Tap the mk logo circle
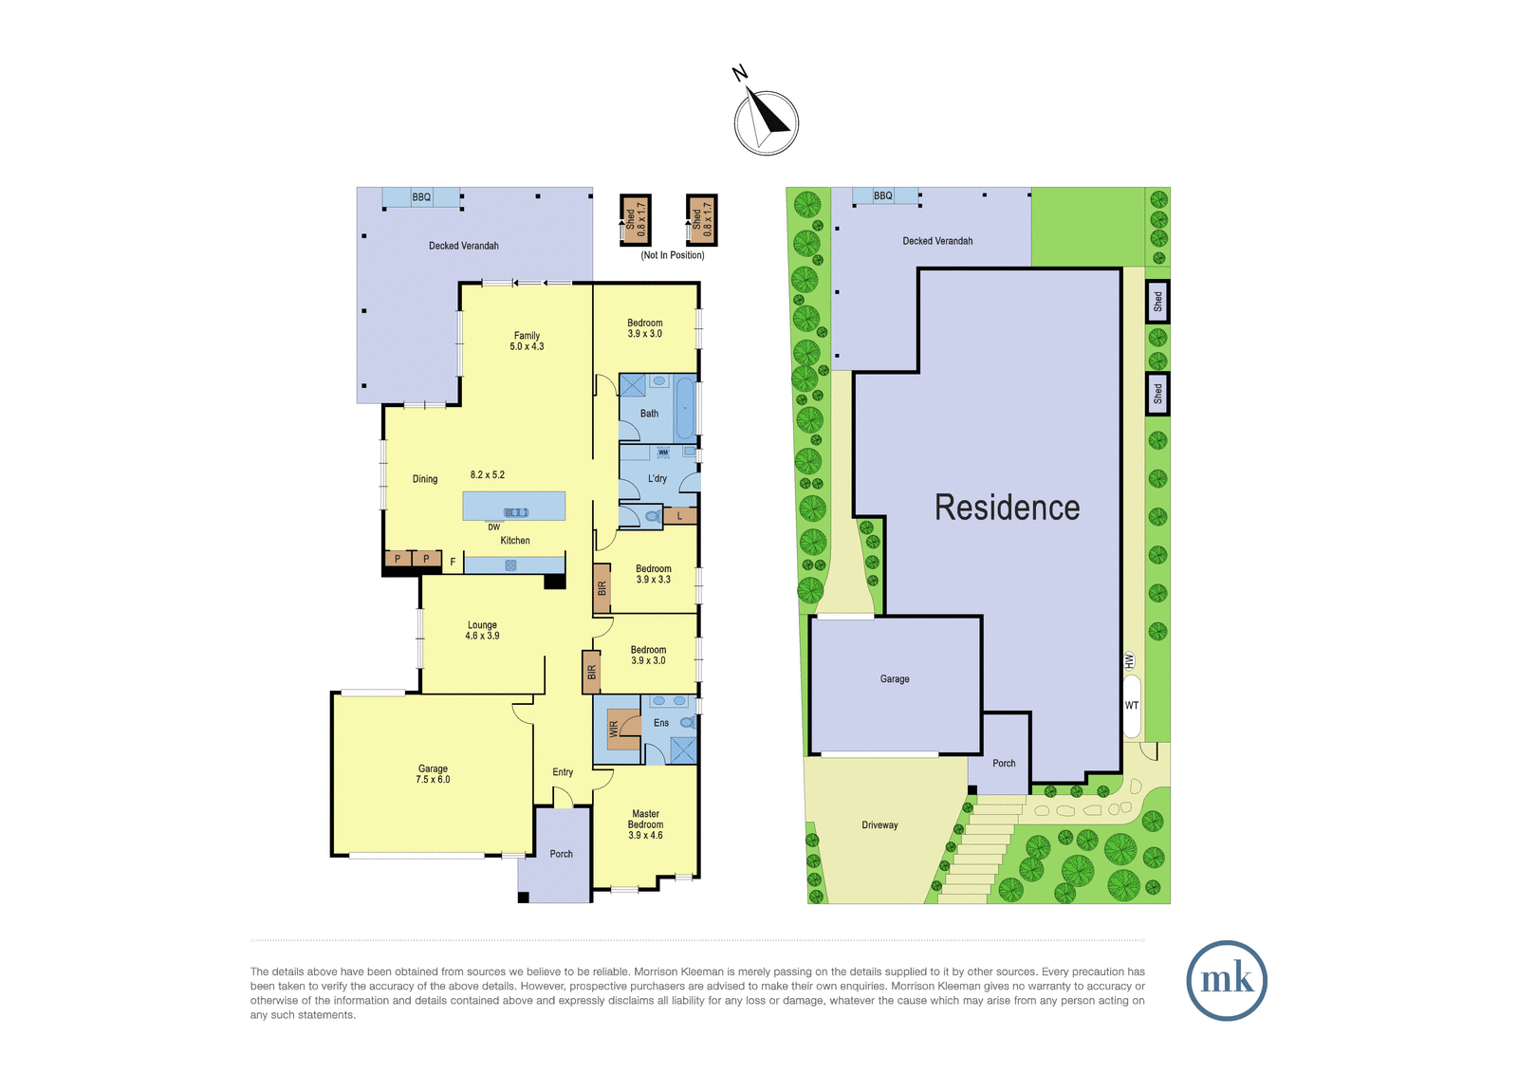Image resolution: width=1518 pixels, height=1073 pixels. (x=1227, y=980)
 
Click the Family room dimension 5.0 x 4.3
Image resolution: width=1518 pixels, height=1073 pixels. (x=527, y=346)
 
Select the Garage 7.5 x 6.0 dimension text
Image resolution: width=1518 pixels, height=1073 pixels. (x=433, y=780)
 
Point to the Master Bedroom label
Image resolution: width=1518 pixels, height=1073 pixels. (x=645, y=819)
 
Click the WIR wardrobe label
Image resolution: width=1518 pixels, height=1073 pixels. (x=614, y=729)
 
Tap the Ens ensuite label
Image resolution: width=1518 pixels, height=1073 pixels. (x=660, y=723)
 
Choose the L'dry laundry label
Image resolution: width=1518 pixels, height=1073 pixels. (x=657, y=478)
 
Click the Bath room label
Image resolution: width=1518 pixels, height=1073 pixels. (x=649, y=413)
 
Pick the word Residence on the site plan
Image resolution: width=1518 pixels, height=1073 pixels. (x=1007, y=507)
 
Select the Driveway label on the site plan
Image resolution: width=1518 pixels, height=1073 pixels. (x=879, y=825)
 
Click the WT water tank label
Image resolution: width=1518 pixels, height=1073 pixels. (x=1132, y=705)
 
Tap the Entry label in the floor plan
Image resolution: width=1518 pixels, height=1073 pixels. (x=563, y=772)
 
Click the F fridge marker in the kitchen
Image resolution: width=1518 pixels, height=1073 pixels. (x=453, y=562)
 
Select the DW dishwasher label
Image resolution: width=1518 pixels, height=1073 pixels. (x=493, y=527)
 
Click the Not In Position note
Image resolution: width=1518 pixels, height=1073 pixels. (x=673, y=255)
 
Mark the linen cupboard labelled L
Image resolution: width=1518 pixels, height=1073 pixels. (x=679, y=516)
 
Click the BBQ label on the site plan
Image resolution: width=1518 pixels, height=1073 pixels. (x=883, y=195)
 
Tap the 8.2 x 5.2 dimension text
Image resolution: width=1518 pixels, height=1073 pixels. (x=488, y=474)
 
